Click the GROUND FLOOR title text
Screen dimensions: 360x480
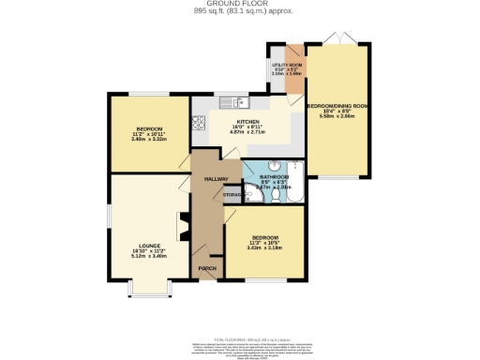[x=239, y=5]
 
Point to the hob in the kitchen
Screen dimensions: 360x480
[x=199, y=121]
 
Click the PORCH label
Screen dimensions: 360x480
[x=206, y=269]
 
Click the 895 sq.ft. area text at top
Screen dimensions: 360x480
[x=239, y=12]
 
